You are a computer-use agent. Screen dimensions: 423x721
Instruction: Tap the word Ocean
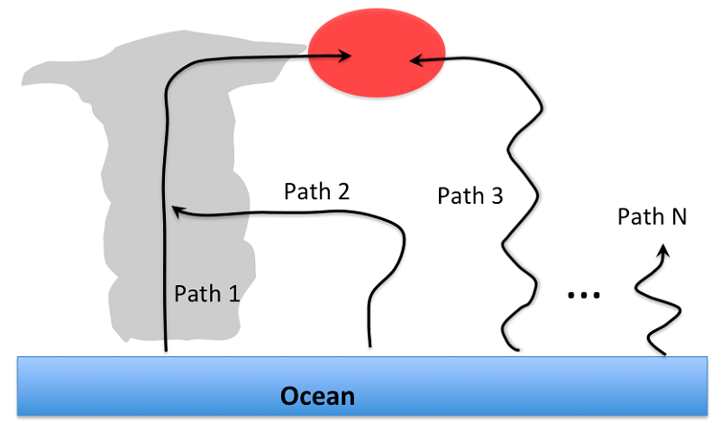317,396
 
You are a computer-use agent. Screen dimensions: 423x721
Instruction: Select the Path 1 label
206,293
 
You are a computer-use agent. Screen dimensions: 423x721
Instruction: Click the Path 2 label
316,191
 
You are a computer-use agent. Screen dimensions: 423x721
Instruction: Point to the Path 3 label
470,195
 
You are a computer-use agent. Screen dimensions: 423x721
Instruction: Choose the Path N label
653,217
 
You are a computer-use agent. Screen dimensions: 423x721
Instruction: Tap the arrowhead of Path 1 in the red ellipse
347,56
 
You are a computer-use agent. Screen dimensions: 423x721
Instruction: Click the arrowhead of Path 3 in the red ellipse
415,60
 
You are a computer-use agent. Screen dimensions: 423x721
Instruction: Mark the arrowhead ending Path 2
176,212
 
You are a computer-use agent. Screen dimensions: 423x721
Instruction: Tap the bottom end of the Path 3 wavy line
517,349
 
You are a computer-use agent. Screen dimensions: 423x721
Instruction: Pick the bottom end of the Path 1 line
166,350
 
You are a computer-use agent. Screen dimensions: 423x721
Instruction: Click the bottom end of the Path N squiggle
665,352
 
